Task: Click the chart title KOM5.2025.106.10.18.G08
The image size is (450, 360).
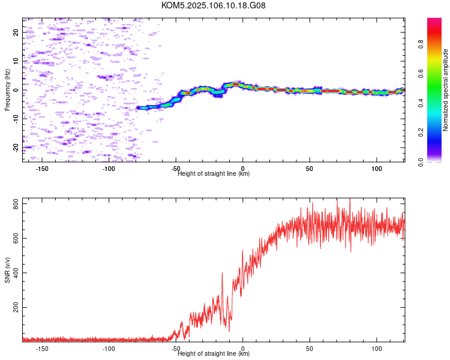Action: (213, 5)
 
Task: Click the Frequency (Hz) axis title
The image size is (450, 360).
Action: (7, 90)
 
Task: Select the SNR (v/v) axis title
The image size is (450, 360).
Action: (7, 269)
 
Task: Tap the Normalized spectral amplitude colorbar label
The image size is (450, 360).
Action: (445, 90)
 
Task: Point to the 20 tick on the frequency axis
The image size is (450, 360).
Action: (16, 32)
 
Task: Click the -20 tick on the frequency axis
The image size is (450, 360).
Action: (16, 148)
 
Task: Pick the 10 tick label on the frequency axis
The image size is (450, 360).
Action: (16, 61)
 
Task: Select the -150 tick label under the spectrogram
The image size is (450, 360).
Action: (42, 169)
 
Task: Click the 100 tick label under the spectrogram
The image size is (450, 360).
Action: (377, 169)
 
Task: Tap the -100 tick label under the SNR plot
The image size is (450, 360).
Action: (109, 349)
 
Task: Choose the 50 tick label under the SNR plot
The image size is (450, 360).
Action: (310, 349)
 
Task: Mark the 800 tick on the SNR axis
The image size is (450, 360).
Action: (16, 203)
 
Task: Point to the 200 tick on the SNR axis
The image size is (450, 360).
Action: (16, 307)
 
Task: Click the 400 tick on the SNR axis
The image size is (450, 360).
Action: (16, 273)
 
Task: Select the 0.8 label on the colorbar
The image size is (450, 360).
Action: (421, 44)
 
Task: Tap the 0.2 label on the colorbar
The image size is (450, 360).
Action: (421, 133)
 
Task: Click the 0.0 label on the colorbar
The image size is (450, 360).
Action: (421, 163)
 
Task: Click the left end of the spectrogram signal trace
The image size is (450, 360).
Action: (137, 107)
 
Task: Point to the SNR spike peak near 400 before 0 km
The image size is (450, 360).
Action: (222, 273)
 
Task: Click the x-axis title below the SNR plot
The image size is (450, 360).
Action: (214, 353)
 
